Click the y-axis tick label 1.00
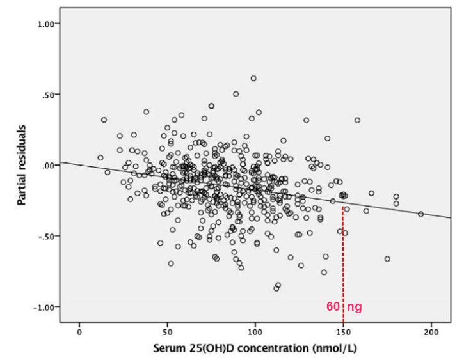pos(49,24)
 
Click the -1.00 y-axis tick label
pos(48,307)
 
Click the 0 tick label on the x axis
pos(79,333)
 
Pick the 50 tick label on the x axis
pos(167,333)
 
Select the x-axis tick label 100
pos(255,333)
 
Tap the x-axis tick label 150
pos(343,333)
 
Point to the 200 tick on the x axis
pos(431,333)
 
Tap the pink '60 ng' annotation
pos(344,308)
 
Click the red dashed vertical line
pos(343,269)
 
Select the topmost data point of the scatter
pos(253,78)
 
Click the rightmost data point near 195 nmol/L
pos(420,214)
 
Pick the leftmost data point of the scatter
pos(100,157)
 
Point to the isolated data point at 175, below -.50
pos(387,259)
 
